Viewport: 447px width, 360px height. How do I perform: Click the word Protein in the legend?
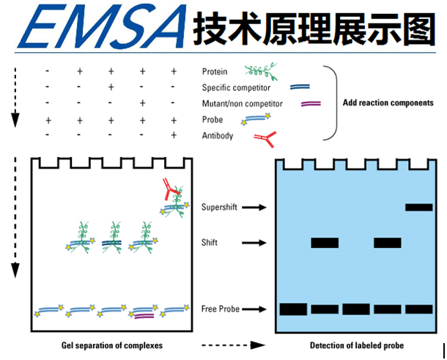214,72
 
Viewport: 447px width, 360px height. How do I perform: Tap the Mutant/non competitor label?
243,103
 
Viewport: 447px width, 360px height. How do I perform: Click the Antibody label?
217,135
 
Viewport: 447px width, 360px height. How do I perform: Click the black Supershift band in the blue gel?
419,207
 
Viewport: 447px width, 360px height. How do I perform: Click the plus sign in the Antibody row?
174,135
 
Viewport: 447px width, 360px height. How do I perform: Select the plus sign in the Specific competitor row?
111,87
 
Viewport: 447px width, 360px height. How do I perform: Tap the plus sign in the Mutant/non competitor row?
142,103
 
